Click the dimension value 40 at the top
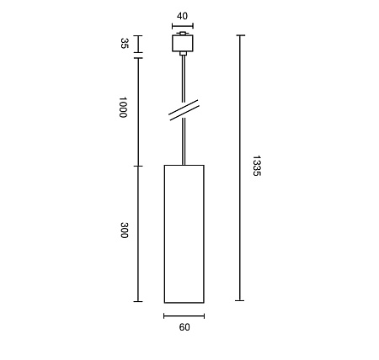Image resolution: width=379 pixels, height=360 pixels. pyautogui.click(x=183, y=14)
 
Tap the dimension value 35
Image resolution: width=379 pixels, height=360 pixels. pyautogui.click(x=123, y=44)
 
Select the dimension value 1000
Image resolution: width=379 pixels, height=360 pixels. pyautogui.click(x=123, y=107)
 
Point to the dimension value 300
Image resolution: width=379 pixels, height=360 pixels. pyautogui.click(x=123, y=230)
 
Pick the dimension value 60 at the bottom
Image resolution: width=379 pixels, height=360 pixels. pyautogui.click(x=184, y=328)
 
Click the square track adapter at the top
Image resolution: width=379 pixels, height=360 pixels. pyautogui.click(x=183, y=44)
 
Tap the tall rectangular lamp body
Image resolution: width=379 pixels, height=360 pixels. pyautogui.click(x=184, y=233)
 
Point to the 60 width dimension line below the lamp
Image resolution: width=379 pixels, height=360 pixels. pyautogui.click(x=184, y=316)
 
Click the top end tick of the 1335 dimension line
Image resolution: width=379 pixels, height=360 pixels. pyautogui.click(x=241, y=35)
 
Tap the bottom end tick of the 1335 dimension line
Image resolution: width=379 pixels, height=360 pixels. pyautogui.click(x=241, y=301)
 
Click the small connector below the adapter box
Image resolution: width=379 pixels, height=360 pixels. pyautogui.click(x=183, y=56)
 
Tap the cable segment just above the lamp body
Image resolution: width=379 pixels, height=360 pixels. pyautogui.click(x=183, y=143)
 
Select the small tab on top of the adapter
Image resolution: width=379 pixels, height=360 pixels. pyautogui.click(x=183, y=34)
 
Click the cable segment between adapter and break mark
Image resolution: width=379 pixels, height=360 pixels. pyautogui.click(x=183, y=80)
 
